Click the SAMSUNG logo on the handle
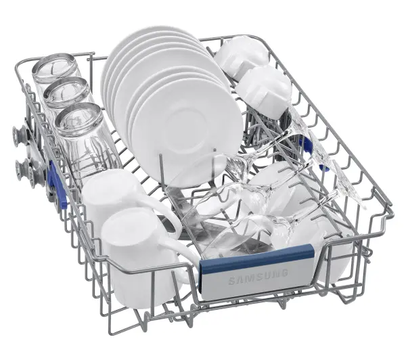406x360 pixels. (258, 277)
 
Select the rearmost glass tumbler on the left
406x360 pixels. (55, 68)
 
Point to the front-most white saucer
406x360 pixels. (187, 132)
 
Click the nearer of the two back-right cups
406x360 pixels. (264, 89)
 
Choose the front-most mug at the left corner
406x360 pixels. (141, 256)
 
